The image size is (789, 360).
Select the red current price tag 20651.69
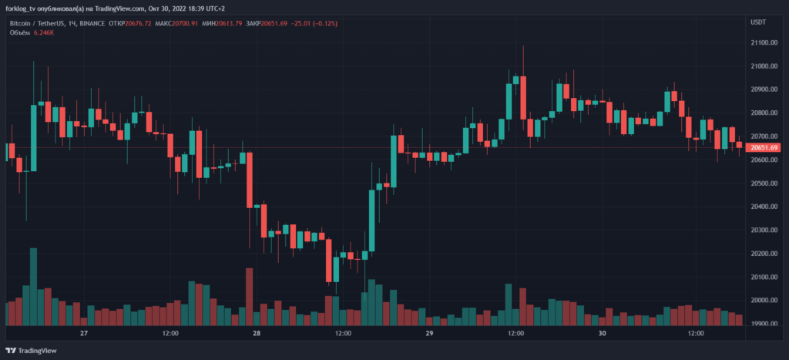pos(764,147)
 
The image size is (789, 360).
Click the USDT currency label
pos(758,22)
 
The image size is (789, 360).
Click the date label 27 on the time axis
pos(85,334)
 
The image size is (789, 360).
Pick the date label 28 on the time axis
pos(257,334)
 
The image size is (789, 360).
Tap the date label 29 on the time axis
pos(429,334)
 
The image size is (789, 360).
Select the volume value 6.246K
pos(45,33)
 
